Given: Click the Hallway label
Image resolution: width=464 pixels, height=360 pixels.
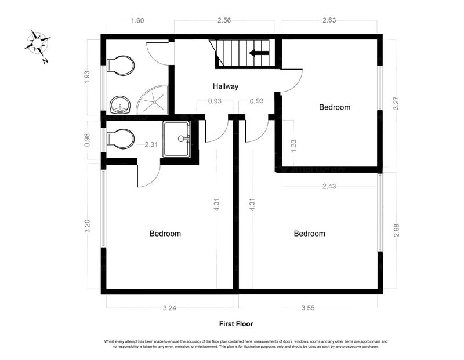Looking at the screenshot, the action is pyautogui.click(x=226, y=86).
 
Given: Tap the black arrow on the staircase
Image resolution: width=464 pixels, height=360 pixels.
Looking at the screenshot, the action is pyautogui.click(x=259, y=53).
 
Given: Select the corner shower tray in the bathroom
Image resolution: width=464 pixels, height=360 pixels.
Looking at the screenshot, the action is pyautogui.click(x=153, y=100).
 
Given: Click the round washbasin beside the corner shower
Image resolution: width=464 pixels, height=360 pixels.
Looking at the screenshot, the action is pyautogui.click(x=120, y=105).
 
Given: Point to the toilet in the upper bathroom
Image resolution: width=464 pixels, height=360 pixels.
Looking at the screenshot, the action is pyautogui.click(x=121, y=66).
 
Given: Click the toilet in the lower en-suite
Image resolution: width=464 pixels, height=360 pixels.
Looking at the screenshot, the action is pyautogui.click(x=121, y=139).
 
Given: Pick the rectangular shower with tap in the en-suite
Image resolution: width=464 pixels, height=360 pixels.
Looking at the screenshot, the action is pyautogui.click(x=177, y=139).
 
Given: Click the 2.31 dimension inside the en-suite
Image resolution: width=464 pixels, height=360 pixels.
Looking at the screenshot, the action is pyautogui.click(x=151, y=145).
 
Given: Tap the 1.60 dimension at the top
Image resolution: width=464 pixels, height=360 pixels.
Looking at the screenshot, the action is pyautogui.click(x=137, y=21).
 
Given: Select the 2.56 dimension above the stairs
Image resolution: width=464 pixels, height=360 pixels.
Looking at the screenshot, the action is pyautogui.click(x=224, y=20).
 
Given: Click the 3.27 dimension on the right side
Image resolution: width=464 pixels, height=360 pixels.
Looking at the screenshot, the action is pyautogui.click(x=396, y=104).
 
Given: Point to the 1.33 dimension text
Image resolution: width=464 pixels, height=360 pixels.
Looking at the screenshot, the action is pyautogui.click(x=293, y=146).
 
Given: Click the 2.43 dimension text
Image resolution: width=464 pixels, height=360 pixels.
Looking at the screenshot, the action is pyautogui.click(x=329, y=186).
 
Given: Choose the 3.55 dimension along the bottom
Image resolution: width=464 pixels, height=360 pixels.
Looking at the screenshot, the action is pyautogui.click(x=308, y=308).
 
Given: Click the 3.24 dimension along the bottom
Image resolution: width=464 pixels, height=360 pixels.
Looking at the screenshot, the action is pyautogui.click(x=169, y=308).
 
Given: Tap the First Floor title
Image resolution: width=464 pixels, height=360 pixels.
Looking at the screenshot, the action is pyautogui.click(x=236, y=324).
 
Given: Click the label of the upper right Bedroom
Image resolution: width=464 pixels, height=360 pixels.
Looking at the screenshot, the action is pyautogui.click(x=335, y=107).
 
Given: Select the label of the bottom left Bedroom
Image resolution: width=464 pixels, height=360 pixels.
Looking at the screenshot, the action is pyautogui.click(x=165, y=234).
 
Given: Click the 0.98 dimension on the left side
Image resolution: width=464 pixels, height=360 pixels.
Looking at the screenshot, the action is pyautogui.click(x=87, y=140).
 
